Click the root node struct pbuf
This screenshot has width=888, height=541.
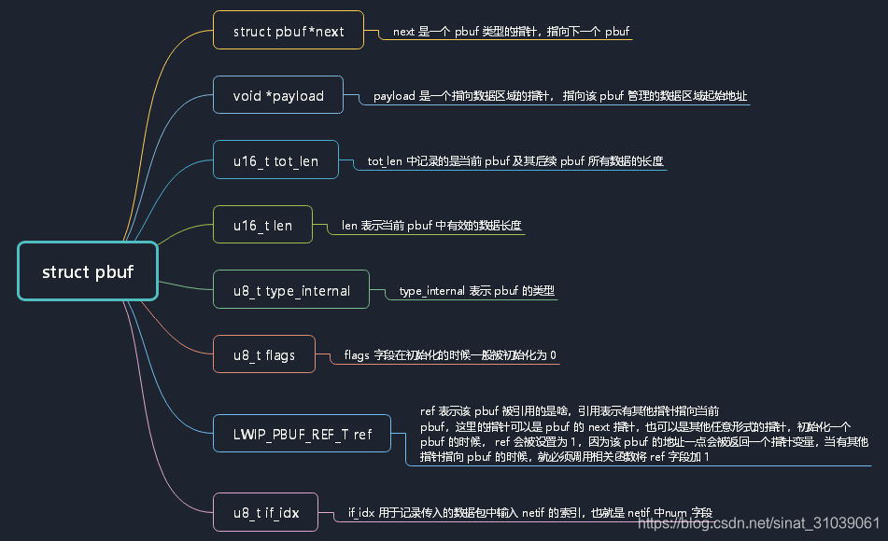click(88, 271)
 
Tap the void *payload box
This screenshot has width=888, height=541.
click(278, 95)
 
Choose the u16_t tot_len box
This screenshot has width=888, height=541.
click(275, 160)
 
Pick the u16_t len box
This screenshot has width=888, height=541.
click(262, 225)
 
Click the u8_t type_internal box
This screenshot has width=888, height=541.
click(291, 290)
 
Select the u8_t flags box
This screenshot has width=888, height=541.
click(263, 354)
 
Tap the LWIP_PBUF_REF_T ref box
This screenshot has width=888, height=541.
click(302, 434)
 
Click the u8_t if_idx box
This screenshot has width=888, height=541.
click(265, 512)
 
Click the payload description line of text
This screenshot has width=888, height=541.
click(560, 96)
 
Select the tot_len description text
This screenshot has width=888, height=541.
click(515, 161)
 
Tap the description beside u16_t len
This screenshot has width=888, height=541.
click(431, 226)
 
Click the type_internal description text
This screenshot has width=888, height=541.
click(477, 291)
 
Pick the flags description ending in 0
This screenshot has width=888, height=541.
click(450, 355)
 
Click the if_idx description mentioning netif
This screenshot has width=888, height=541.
click(529, 513)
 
